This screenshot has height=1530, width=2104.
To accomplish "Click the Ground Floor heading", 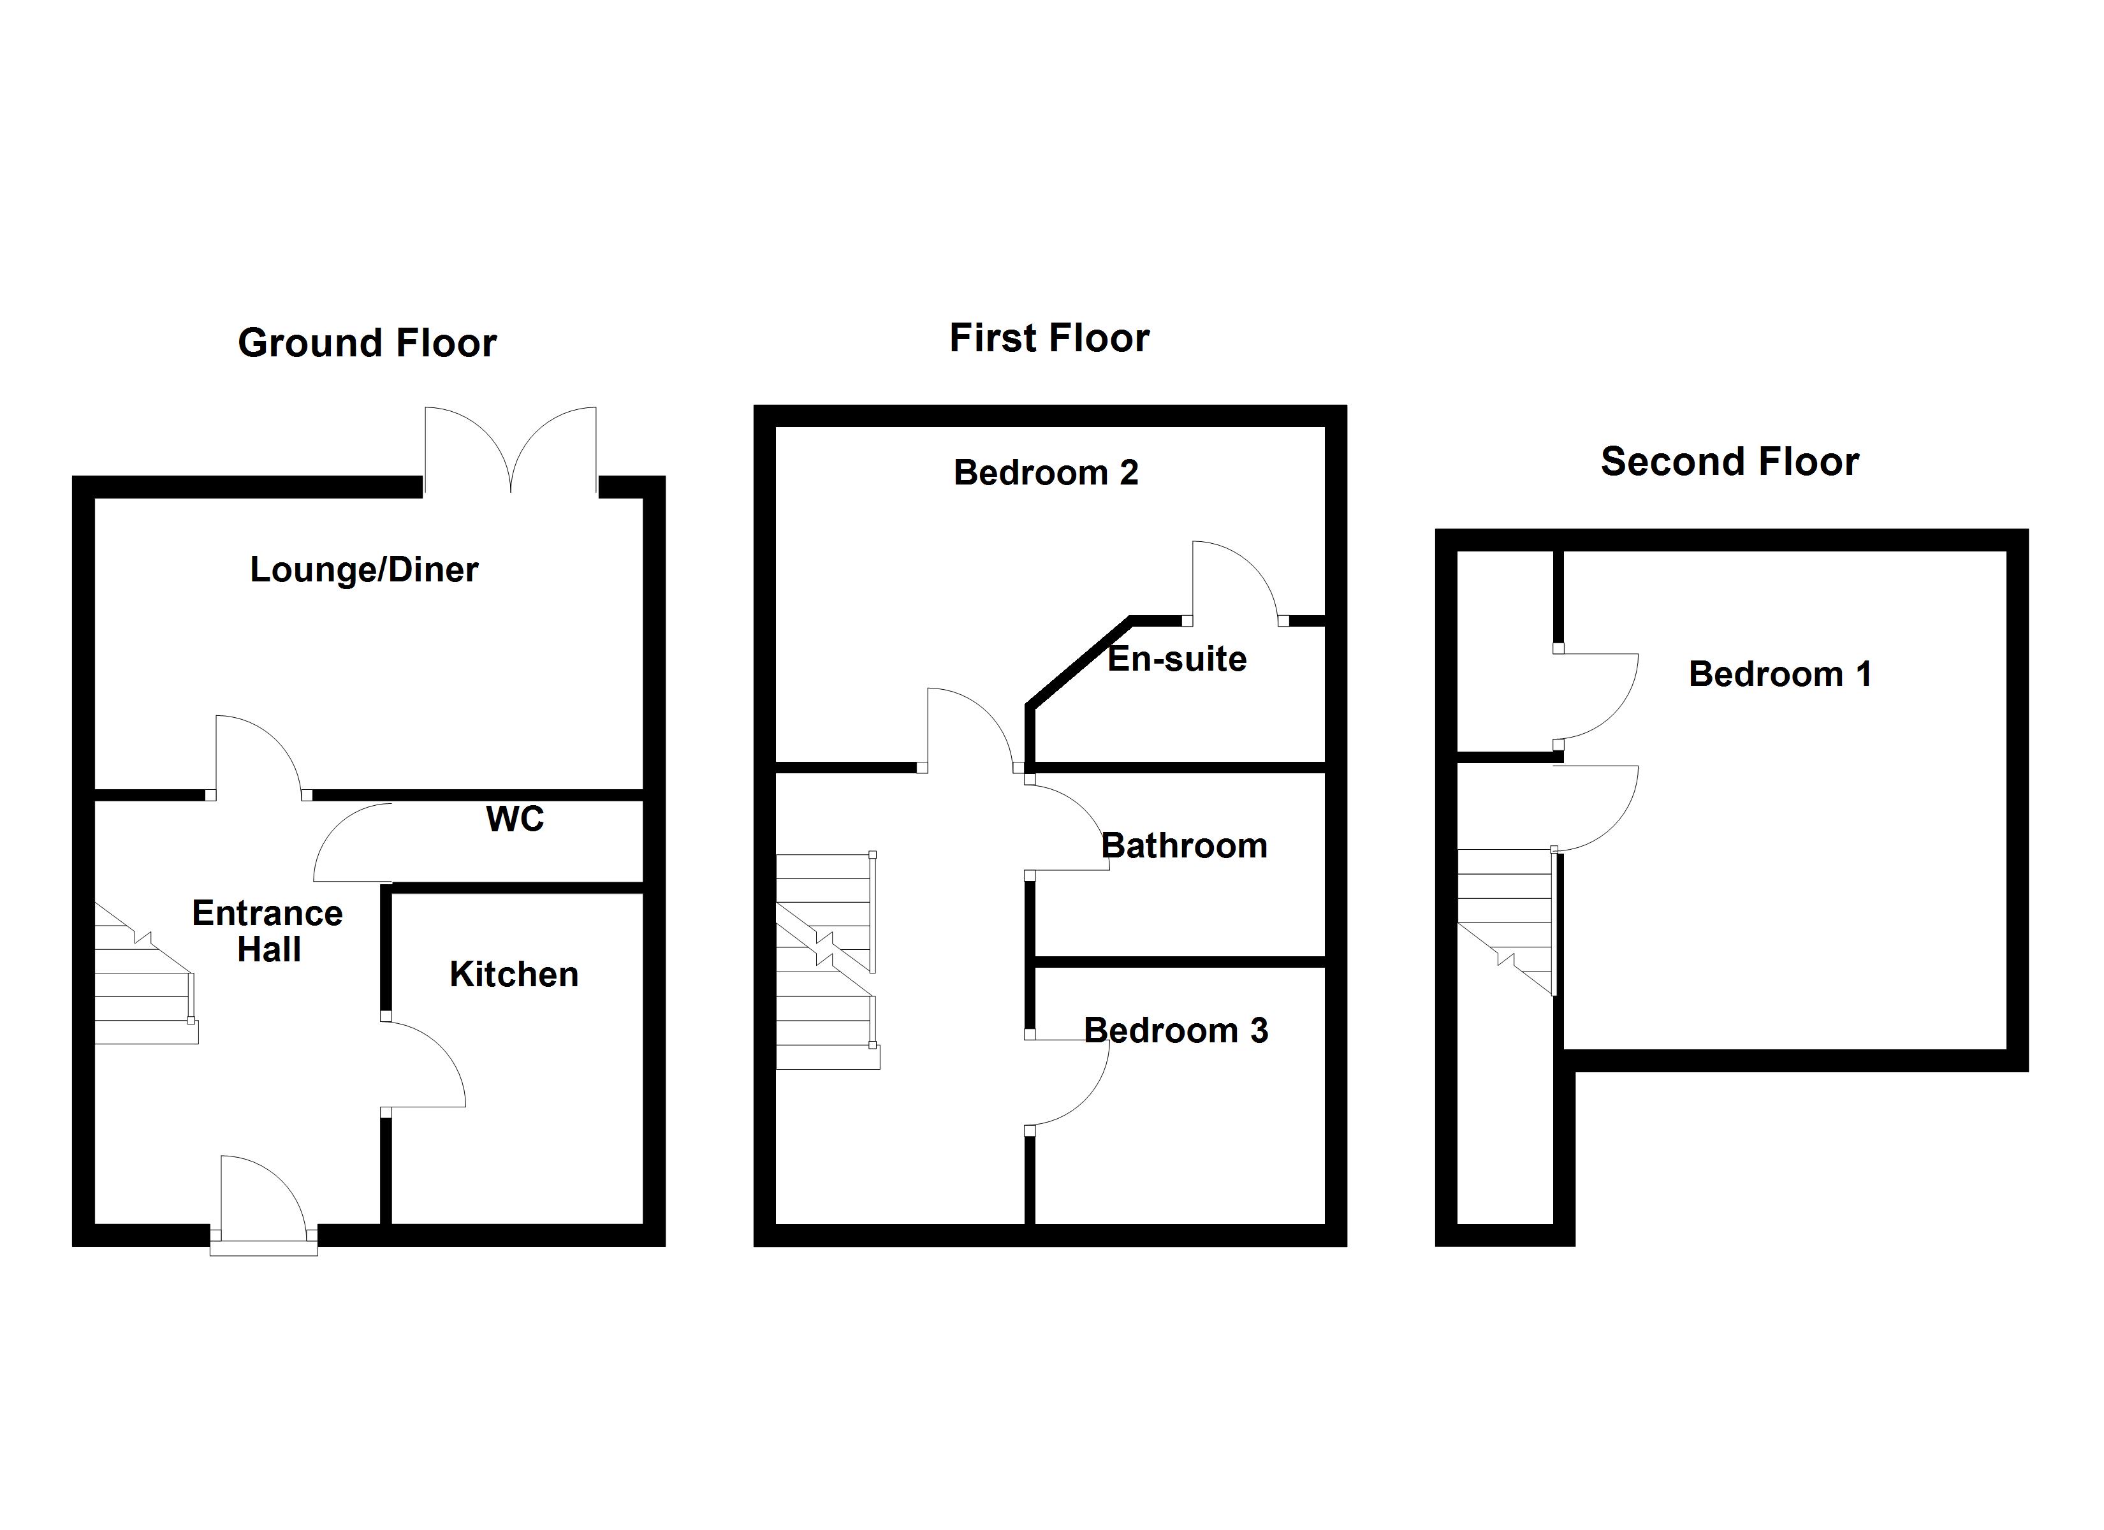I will [x=367, y=344].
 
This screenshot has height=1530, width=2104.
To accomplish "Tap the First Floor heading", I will [x=1049, y=338].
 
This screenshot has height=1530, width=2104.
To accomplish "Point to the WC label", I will [x=515, y=819].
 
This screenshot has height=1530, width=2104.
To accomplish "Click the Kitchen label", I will [x=514, y=974].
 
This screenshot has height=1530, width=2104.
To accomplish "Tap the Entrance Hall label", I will [x=268, y=931].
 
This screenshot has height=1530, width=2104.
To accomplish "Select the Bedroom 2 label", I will [x=1046, y=473].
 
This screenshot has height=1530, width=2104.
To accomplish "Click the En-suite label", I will [x=1177, y=659].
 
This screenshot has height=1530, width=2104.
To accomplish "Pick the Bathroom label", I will [x=1184, y=846].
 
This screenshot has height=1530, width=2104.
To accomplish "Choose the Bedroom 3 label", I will [x=1176, y=1031].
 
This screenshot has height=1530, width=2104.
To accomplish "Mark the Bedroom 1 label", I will [x=1779, y=674].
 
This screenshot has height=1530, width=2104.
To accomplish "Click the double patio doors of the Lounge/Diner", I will [x=510, y=450].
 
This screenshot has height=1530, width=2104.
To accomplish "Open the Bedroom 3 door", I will [x=1067, y=1081].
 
